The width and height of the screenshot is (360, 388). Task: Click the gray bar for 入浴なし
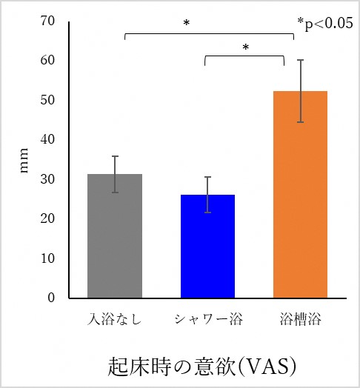[115, 236]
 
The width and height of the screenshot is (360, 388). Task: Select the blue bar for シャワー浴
[207, 247]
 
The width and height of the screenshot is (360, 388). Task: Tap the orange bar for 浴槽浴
[300, 195]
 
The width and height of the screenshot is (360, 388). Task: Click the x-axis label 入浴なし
[115, 319]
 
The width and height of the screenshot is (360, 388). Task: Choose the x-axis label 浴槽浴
[300, 319]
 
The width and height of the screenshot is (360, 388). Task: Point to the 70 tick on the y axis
[48, 20]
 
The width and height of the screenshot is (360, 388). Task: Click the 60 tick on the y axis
[48, 60]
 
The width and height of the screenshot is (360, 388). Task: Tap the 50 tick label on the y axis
[48, 100]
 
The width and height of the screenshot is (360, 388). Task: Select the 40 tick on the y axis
[48, 139]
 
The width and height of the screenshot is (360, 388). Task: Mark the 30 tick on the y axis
[48, 179]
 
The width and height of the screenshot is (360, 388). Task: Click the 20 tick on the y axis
[48, 219]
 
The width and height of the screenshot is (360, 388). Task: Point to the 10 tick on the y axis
[48, 258]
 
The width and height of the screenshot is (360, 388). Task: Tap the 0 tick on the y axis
[52, 298]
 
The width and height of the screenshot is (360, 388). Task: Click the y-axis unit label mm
[24, 164]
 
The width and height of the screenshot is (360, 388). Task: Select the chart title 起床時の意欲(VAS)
[202, 365]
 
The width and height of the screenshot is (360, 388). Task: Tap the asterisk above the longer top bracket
[187, 24]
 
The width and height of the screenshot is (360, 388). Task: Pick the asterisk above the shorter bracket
[245, 48]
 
